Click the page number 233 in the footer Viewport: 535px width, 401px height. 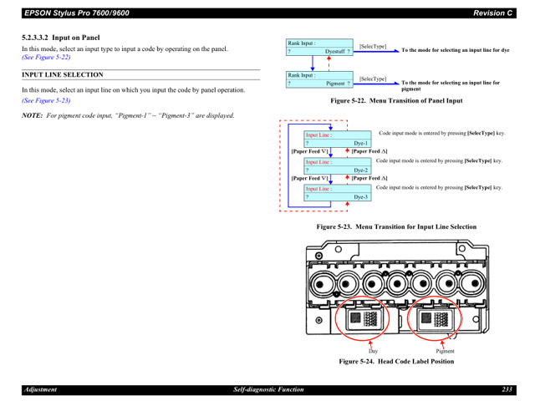coord(507,390)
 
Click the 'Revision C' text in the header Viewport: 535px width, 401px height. coord(492,13)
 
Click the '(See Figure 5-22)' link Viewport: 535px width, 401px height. coord(46,58)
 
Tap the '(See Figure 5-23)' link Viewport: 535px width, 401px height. coord(46,99)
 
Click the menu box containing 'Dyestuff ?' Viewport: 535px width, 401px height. coord(318,47)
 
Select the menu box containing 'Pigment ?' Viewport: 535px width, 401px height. coord(318,79)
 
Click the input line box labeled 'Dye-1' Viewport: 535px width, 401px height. coord(337,139)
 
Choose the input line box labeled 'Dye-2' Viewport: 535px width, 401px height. coord(337,165)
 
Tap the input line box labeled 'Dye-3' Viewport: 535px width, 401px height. coord(337,193)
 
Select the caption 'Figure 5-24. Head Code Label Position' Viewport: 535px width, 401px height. coord(395,362)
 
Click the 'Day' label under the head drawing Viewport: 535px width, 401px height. coord(373,352)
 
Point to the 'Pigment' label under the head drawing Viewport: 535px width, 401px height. coord(445,352)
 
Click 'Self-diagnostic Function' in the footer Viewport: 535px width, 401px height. coord(267,390)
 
